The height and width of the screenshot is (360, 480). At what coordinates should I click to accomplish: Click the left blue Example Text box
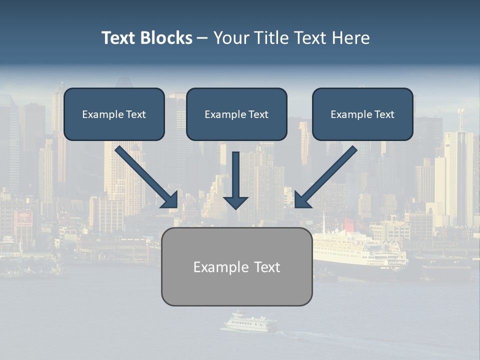(x=114, y=114)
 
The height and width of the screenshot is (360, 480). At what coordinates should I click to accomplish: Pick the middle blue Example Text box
(x=236, y=114)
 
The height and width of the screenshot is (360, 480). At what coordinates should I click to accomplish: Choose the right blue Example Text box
(x=362, y=114)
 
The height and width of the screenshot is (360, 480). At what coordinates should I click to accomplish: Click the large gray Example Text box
(x=236, y=267)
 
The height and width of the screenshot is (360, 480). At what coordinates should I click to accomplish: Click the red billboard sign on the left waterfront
(x=23, y=218)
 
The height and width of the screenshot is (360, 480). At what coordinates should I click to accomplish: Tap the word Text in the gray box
(x=267, y=267)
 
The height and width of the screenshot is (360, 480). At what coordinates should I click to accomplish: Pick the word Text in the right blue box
(x=384, y=114)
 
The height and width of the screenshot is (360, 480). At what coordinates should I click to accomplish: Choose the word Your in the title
(x=230, y=38)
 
